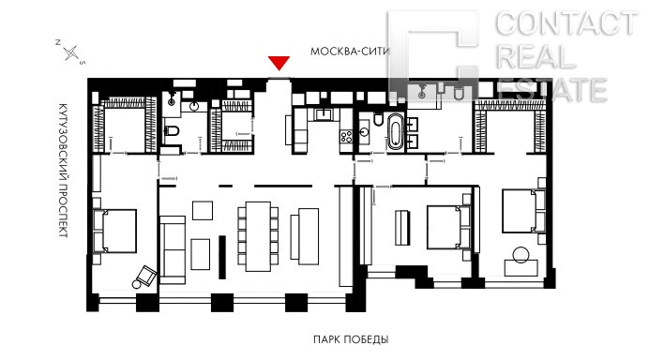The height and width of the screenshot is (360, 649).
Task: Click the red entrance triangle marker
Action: [x=279, y=63]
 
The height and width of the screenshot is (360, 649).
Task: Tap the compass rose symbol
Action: [x=70, y=52]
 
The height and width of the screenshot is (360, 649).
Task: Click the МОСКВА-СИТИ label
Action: [x=350, y=52]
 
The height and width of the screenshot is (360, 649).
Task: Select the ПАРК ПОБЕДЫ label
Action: [x=351, y=339]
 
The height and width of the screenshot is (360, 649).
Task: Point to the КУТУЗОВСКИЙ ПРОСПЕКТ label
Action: [x=63, y=170]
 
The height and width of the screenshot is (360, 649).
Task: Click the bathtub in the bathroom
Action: [x=395, y=130]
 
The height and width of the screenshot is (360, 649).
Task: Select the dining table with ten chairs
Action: [x=258, y=236]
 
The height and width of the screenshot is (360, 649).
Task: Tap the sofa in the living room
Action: [x=173, y=249]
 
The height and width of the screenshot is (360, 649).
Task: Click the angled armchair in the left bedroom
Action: [x=147, y=276]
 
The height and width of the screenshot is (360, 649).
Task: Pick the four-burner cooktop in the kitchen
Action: [x=346, y=136]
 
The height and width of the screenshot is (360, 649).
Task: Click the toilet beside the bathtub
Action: [x=378, y=119]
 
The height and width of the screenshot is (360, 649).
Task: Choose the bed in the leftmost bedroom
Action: [x=114, y=231]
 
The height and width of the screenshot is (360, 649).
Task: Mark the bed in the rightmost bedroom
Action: [x=524, y=211]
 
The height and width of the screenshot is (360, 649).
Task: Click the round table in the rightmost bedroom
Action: [x=521, y=255]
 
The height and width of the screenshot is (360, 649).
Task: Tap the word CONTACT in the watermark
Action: [x=566, y=23]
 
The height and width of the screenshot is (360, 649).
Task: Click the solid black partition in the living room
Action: [x=222, y=257]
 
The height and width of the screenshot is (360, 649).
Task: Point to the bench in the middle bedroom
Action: [x=402, y=228]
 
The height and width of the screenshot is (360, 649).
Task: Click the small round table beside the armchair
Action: [x=136, y=284]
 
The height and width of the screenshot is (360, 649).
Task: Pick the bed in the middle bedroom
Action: [x=448, y=227]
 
